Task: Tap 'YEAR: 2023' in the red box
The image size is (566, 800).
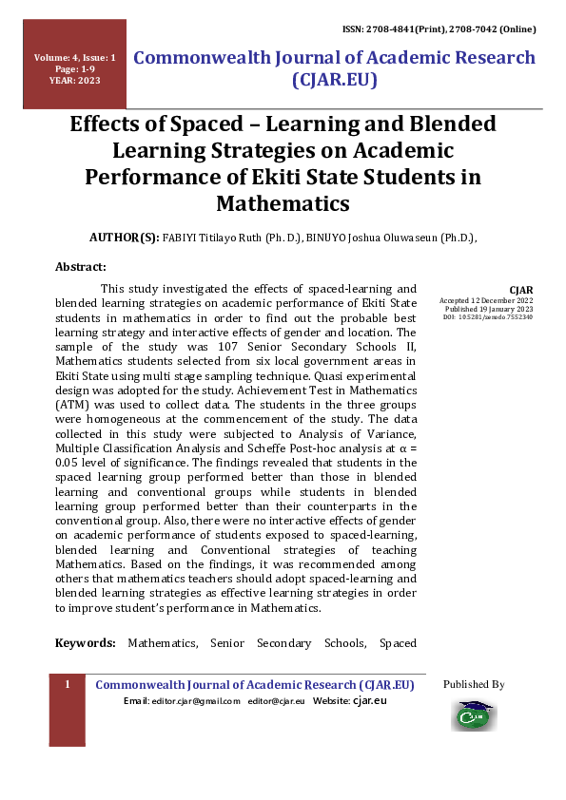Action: [x=74, y=81]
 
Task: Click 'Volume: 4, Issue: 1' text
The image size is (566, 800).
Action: [x=74, y=58]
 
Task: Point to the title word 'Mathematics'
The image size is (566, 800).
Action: [x=283, y=204]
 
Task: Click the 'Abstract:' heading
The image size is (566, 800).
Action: [x=81, y=267]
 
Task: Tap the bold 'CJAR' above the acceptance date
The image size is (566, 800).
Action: [x=520, y=290]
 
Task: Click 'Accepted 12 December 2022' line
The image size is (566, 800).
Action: [x=486, y=300]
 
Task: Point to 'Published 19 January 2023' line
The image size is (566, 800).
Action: [x=489, y=309]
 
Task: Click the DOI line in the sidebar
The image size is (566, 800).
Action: [x=488, y=317]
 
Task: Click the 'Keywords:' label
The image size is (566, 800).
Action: [x=86, y=643]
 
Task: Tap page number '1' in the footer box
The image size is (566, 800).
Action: [x=68, y=685]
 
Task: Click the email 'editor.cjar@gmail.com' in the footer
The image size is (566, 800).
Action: [x=182, y=701]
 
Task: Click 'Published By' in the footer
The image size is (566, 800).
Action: [x=474, y=684]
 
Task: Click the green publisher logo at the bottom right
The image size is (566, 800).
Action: [x=474, y=714]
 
